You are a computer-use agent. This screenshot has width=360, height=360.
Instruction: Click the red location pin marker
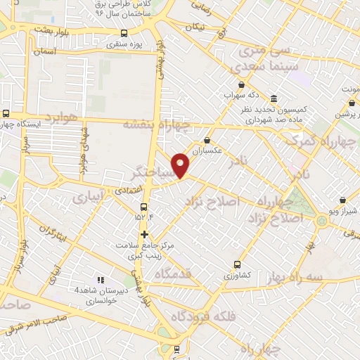pyautogui.click(x=181, y=165)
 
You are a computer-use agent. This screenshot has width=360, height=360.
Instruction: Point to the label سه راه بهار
pyautogui.click(x=296, y=277)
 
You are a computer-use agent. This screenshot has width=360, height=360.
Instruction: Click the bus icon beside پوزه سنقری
pyautogui.click(x=124, y=32)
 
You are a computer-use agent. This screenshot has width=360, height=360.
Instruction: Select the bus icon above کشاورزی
pyautogui.click(x=237, y=265)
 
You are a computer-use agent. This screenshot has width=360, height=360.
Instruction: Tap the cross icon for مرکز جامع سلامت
pyautogui.click(x=144, y=234)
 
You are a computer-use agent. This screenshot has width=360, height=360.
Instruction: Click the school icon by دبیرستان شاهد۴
pyautogui.click(x=100, y=279)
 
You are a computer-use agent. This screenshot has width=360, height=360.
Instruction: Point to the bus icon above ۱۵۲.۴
pyautogui.click(x=143, y=207)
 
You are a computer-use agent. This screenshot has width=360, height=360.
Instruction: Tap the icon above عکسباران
pyautogui.click(x=207, y=140)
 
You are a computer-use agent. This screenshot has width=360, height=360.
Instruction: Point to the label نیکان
pyautogui.click(x=191, y=27)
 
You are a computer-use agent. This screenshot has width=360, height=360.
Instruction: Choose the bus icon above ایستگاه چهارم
pyautogui.click(x=6, y=112)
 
